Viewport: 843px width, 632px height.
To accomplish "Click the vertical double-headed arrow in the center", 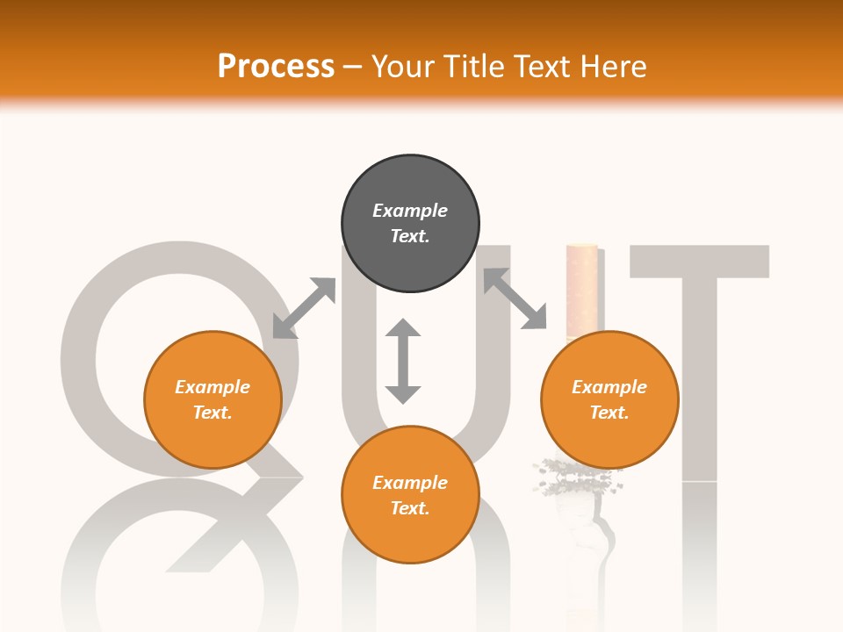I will (x=403, y=362).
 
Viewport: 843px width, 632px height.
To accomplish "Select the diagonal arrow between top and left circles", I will (x=304, y=308).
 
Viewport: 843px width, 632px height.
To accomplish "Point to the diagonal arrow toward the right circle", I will (x=515, y=298).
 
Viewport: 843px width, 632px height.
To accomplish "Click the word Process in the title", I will (x=276, y=67).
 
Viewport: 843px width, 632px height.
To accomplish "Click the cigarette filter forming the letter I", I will (x=581, y=290).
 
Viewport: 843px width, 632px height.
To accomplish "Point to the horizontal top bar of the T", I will (x=700, y=261).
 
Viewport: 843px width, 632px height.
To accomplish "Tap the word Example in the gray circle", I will (x=410, y=211).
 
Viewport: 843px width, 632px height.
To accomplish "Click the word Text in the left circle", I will (x=213, y=413).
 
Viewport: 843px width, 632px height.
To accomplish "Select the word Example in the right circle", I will (x=609, y=387).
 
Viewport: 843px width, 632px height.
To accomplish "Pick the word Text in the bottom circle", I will (x=410, y=508).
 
